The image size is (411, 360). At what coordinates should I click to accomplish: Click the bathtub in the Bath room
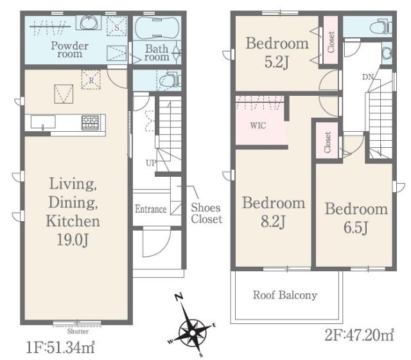click(157, 28)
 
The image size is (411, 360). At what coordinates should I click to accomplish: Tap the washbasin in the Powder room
click(89, 22)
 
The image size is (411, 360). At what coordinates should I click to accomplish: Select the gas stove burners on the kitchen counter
click(90, 123)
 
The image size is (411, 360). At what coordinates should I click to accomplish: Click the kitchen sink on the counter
click(43, 122)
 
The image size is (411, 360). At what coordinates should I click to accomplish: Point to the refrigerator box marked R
click(91, 80)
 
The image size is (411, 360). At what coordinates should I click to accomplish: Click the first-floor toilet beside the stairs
click(170, 80)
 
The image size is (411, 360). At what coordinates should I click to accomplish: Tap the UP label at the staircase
click(151, 163)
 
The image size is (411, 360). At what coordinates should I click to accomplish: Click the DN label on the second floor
click(368, 77)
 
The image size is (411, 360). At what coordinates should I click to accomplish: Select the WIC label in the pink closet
click(258, 125)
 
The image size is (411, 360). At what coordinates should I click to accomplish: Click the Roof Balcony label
click(285, 295)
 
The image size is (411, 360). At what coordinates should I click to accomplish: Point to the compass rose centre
click(193, 333)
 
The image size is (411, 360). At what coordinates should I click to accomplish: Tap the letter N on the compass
click(179, 297)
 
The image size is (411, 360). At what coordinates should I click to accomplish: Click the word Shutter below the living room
click(78, 331)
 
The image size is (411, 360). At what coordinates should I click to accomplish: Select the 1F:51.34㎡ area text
click(60, 347)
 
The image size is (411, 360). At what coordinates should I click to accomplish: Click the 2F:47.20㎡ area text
click(360, 335)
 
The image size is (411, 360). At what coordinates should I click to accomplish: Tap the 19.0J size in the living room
click(73, 240)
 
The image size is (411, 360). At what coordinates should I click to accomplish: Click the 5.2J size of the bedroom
click(277, 62)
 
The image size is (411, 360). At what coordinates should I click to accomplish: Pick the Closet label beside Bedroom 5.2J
click(331, 42)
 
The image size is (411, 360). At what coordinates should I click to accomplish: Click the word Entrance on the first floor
click(151, 209)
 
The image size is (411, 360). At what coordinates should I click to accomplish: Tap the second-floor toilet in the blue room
click(381, 26)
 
